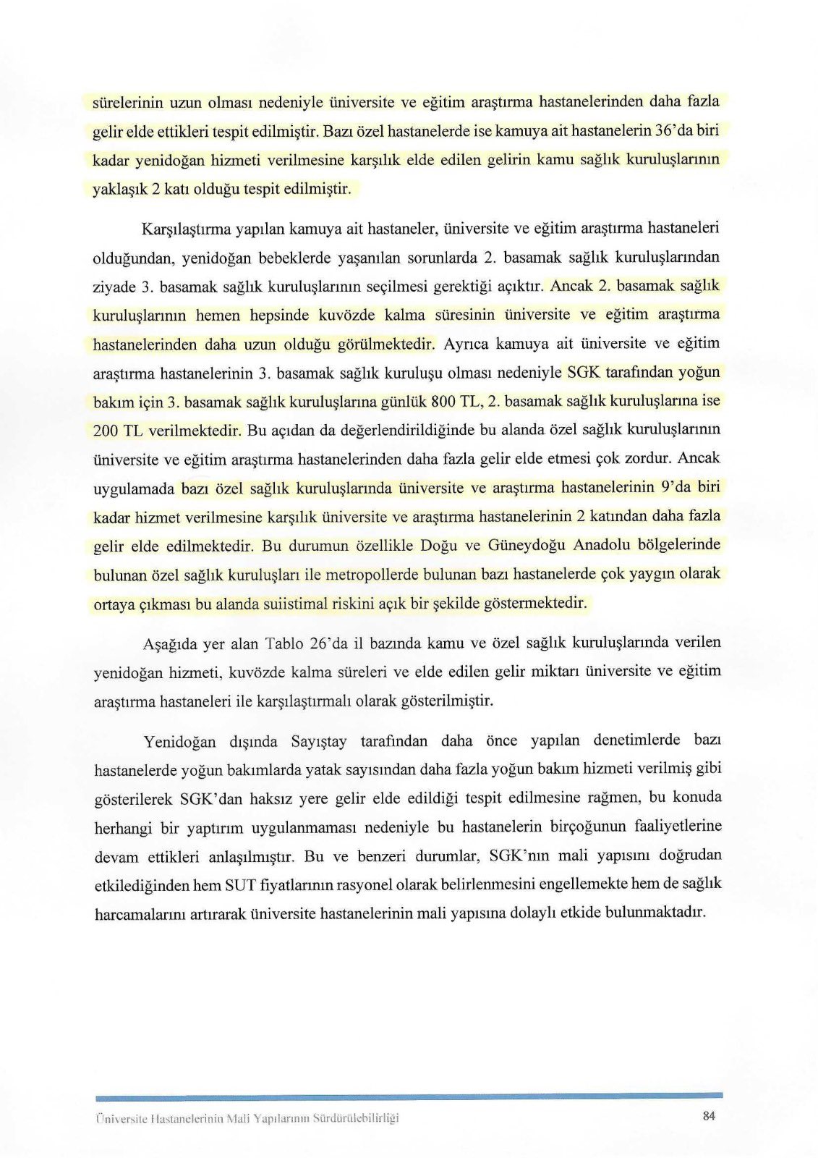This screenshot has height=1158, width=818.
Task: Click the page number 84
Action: tap(708, 1115)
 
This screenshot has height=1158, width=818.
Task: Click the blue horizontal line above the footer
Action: tap(409, 1096)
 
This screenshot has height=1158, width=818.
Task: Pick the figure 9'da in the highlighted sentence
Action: tap(676, 487)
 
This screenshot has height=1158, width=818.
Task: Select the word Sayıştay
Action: tap(318, 741)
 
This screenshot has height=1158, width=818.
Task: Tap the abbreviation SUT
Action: tap(239, 884)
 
